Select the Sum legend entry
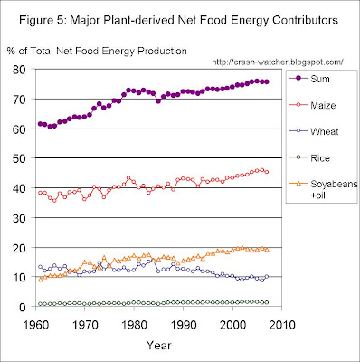click(309, 79)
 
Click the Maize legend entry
click(312, 105)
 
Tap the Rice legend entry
click(309, 158)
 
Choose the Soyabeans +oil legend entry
click(323, 189)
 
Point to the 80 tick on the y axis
click(24, 70)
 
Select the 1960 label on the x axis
click(35, 325)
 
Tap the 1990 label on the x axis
click(183, 325)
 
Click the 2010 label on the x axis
click(281, 325)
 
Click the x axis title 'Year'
click(159, 345)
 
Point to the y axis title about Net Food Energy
click(97, 51)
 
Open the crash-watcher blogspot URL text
click(278, 62)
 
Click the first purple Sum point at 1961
click(40, 124)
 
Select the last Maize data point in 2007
click(267, 172)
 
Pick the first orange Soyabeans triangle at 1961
click(40, 280)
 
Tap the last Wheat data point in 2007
click(267, 276)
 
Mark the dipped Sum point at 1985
click(158, 101)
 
